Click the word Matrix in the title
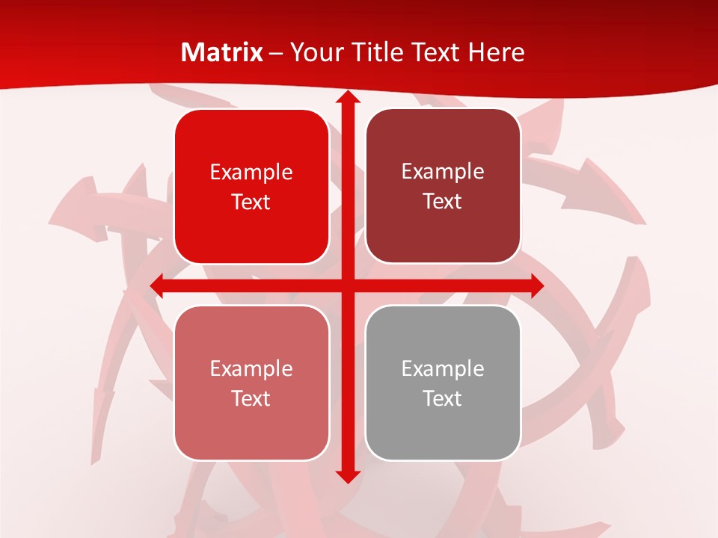point(222,52)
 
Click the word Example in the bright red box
point(251,173)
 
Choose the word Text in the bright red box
point(251,202)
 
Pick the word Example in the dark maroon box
point(443,172)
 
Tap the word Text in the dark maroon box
point(443,202)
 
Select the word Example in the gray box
point(443,368)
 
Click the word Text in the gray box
point(443,398)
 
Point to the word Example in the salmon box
point(251,368)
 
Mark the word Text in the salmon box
point(251,398)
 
